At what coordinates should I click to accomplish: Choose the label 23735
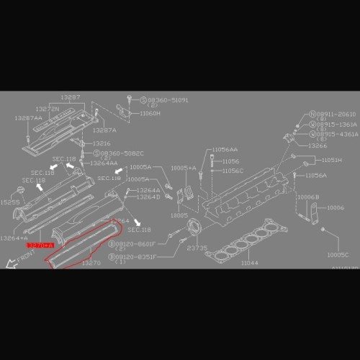[x=197, y=246]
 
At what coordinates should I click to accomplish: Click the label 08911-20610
[x=336, y=114]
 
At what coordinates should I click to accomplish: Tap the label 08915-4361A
[x=336, y=134]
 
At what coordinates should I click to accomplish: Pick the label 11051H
[x=332, y=159]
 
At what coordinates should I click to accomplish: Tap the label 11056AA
[x=225, y=149]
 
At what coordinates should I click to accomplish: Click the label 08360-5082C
[x=122, y=153]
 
